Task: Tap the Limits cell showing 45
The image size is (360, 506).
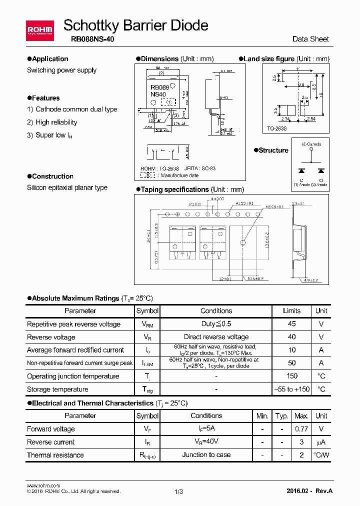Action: pos(292,324)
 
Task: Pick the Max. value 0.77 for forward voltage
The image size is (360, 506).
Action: pos(301,429)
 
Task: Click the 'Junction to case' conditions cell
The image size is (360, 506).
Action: pos(206,455)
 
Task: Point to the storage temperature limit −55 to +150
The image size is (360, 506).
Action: pos(292,389)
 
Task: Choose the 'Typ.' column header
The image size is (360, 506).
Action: pos(282,416)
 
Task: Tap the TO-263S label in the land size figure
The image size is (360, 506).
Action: pos(276,128)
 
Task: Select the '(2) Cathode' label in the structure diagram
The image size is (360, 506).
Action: pos(311,144)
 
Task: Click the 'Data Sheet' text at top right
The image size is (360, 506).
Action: pos(310,39)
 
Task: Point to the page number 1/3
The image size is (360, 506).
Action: pos(179,491)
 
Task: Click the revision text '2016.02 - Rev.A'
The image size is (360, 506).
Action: pos(309,491)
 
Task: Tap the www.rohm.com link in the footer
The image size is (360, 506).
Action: pos(43,485)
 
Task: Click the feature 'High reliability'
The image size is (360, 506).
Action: pos(56,122)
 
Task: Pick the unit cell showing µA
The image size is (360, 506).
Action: pos(321,442)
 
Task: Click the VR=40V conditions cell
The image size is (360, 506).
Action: pos(206,442)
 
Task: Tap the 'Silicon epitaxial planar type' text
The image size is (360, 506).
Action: pos(67,188)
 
